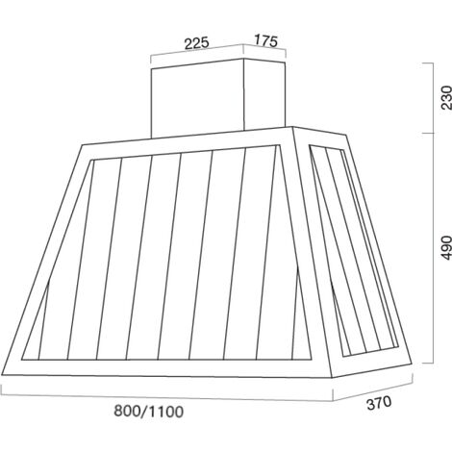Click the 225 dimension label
pos(196,43)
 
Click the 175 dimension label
pos(265,40)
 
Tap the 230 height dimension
pos(445,97)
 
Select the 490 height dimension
pos(445,248)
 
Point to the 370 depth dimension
pos(379,403)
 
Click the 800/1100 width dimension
pos(149,411)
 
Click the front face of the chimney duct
pos(197,99)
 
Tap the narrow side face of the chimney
pos(264,95)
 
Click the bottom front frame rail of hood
pos(166,367)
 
